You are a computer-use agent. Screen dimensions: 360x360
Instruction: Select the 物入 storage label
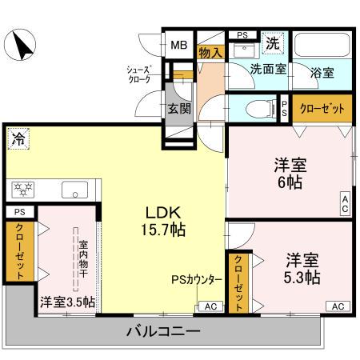click(x=210, y=53)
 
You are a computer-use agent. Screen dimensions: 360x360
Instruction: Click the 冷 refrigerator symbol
click(x=16, y=138)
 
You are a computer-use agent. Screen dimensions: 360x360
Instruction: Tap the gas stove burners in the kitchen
click(x=23, y=190)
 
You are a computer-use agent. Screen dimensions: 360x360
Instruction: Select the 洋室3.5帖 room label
click(x=67, y=302)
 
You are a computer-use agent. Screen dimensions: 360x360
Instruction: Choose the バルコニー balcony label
click(x=162, y=330)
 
